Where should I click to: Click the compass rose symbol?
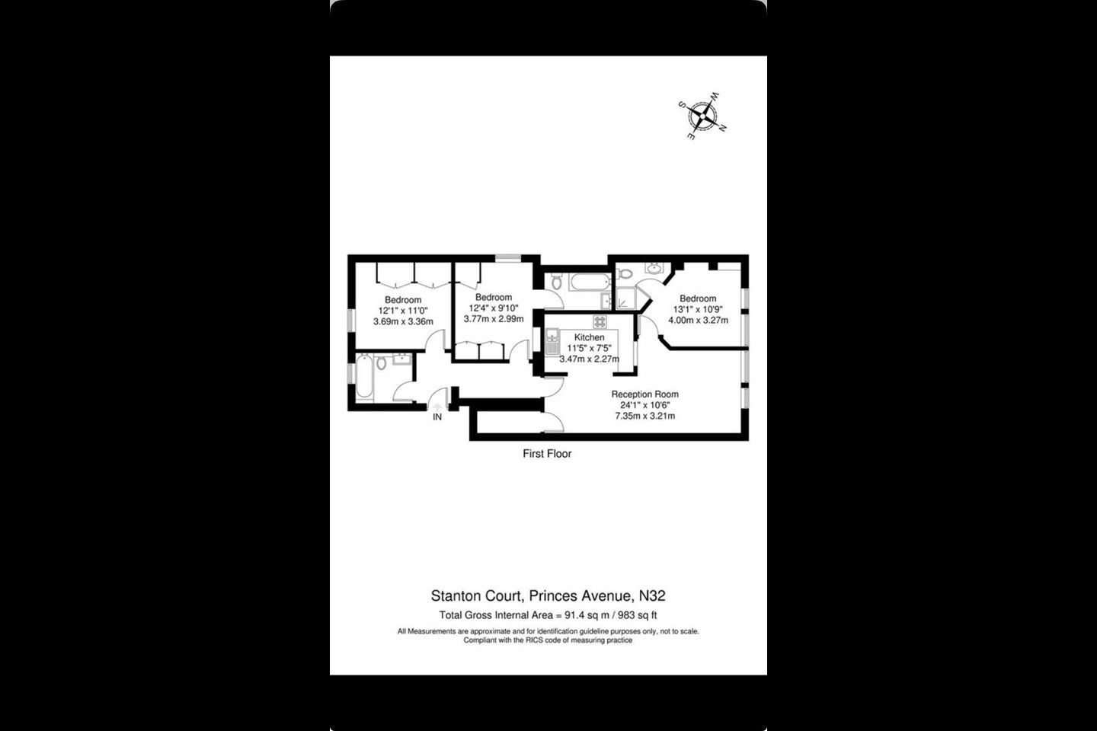pyautogui.click(x=702, y=116)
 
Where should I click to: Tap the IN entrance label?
pyautogui.click(x=437, y=417)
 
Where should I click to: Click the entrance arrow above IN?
pyautogui.click(x=437, y=406)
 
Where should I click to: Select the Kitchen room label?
pyautogui.click(x=589, y=337)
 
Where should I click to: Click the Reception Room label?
pyautogui.click(x=645, y=394)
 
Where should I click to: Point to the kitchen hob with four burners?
pyautogui.click(x=600, y=321)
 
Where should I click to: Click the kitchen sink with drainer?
pyautogui.click(x=552, y=342)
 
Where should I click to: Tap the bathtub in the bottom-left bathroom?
pyautogui.click(x=364, y=376)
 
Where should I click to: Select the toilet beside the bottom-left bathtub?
pyautogui.click(x=382, y=362)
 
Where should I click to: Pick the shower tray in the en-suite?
pyautogui.click(x=625, y=298)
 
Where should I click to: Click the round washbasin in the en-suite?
pyautogui.click(x=654, y=268)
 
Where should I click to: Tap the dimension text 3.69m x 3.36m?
pyautogui.click(x=403, y=321)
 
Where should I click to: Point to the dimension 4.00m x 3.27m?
pyautogui.click(x=699, y=321)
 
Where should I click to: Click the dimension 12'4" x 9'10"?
pyautogui.click(x=494, y=308)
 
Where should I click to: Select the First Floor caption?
pyautogui.click(x=547, y=454)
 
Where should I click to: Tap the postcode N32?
pyautogui.click(x=652, y=595)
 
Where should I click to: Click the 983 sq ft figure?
pyautogui.click(x=638, y=615)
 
